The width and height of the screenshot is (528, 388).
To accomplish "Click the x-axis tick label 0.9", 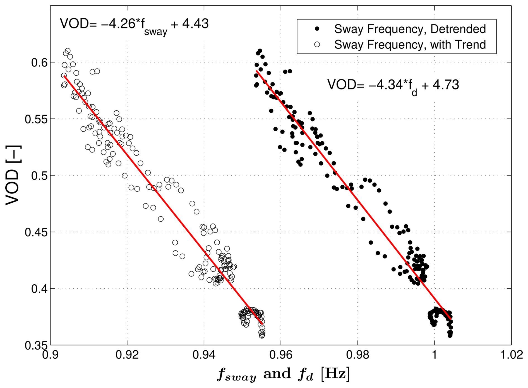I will [50, 355].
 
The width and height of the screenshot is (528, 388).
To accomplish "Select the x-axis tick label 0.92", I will [127, 355].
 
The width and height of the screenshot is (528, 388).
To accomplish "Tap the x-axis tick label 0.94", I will [204, 355].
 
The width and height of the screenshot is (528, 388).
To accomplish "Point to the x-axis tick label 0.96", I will [281, 355].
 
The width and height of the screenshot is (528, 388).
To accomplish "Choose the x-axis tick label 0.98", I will [357, 355].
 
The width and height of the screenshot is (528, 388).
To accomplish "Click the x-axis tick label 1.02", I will [511, 355].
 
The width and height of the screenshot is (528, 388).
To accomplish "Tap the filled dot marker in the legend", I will [317, 29].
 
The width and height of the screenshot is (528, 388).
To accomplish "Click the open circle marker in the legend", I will [317, 45].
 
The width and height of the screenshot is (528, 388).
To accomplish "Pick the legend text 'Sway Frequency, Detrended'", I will [410, 29].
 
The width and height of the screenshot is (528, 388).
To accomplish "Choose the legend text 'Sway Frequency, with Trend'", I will [410, 45].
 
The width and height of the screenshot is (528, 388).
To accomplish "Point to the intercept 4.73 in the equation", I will [446, 85].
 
